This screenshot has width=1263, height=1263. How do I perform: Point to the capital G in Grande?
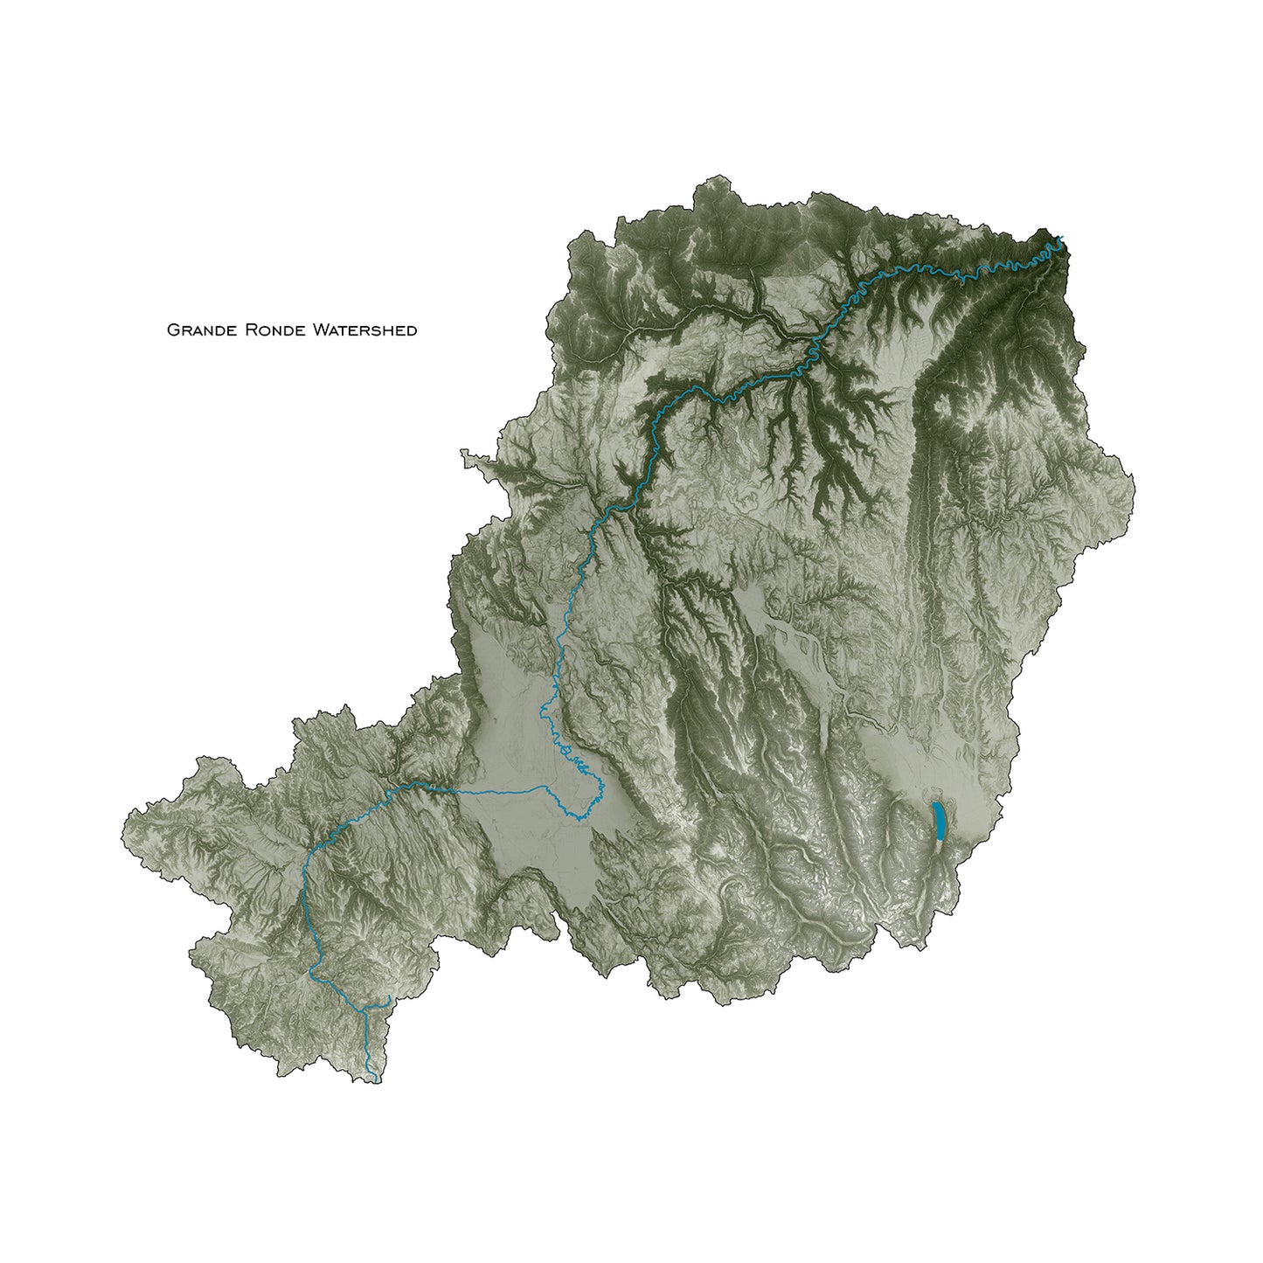coord(173,330)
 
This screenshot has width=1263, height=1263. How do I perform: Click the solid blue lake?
coord(938,820)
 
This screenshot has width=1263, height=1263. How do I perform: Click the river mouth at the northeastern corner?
coord(1062,237)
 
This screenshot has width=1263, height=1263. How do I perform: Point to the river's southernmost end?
coord(376,1082)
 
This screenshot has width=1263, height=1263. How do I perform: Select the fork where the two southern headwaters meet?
coord(364,1010)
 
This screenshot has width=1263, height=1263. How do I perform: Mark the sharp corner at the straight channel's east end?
coord(547,787)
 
